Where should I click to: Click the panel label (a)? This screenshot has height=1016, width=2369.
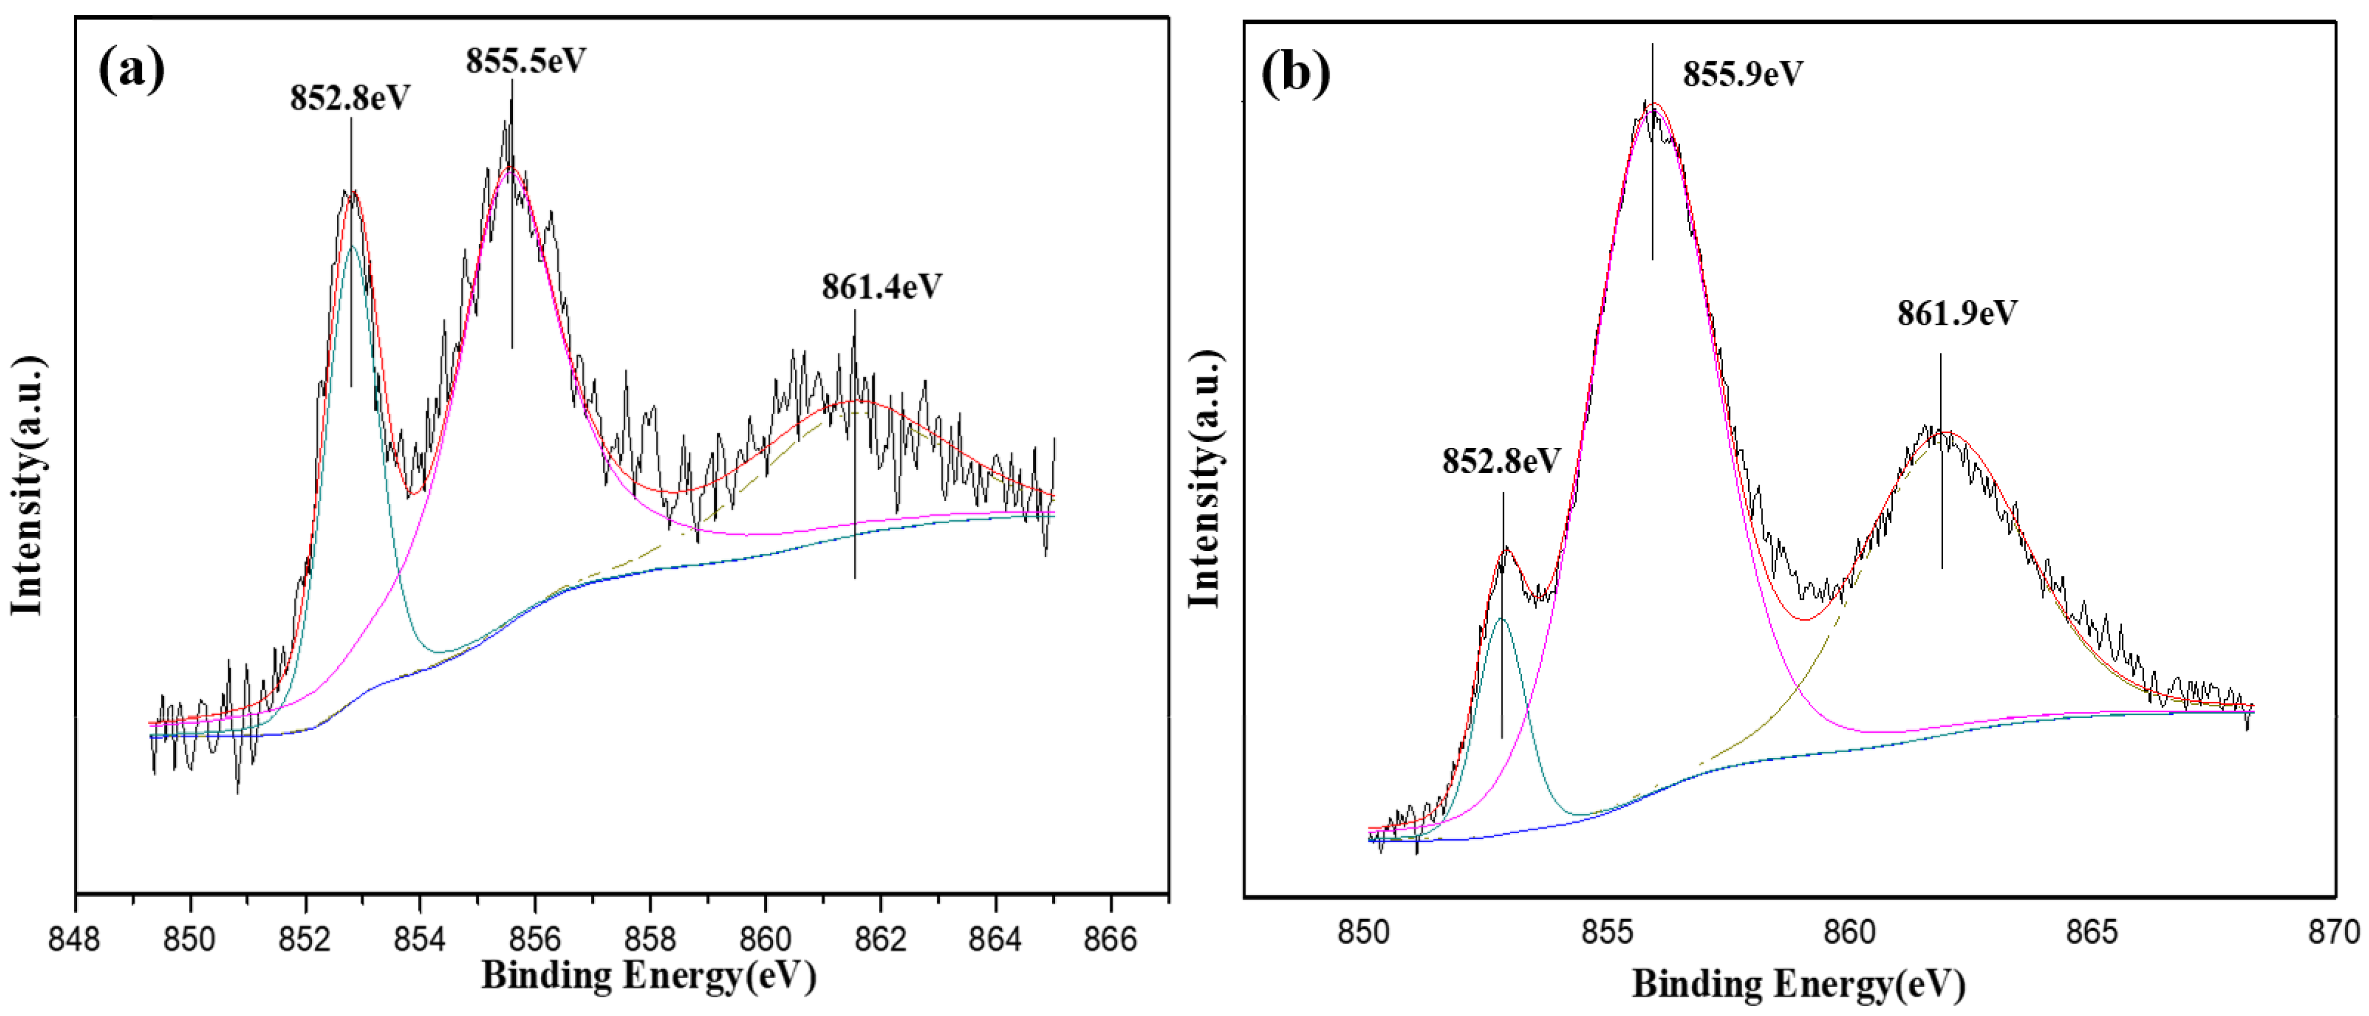131,70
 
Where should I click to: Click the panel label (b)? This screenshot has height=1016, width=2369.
1295,72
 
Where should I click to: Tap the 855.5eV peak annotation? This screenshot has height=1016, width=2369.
525,61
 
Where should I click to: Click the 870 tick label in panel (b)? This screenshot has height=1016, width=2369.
2334,933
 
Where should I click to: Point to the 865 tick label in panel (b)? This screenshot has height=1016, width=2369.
2091,933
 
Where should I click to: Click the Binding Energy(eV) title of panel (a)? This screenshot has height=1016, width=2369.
648,976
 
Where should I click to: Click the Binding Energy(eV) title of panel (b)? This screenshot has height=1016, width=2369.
1799,984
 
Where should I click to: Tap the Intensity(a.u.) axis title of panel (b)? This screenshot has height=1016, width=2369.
1206,478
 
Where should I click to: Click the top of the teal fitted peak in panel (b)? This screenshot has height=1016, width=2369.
1503,619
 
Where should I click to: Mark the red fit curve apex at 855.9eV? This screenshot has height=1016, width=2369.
1653,104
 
